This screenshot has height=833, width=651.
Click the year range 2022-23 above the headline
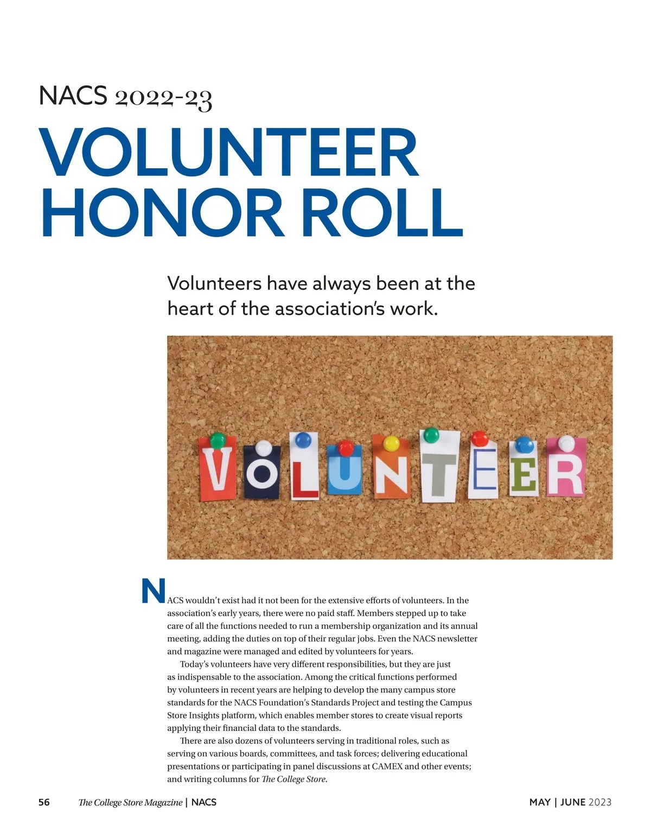[x=163, y=98]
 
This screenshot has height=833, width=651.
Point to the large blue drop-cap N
[x=153, y=591]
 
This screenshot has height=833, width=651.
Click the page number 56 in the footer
[x=44, y=802]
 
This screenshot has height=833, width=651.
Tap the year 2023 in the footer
[x=600, y=802]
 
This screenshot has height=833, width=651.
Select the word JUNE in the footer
[x=573, y=802]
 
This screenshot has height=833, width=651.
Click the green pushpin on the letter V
[x=218, y=440]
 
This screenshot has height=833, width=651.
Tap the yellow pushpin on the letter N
[x=391, y=443]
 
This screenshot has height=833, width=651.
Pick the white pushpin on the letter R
[x=566, y=442]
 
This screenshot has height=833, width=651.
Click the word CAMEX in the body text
[x=387, y=766]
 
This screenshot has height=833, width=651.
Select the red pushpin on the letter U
[x=346, y=448]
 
